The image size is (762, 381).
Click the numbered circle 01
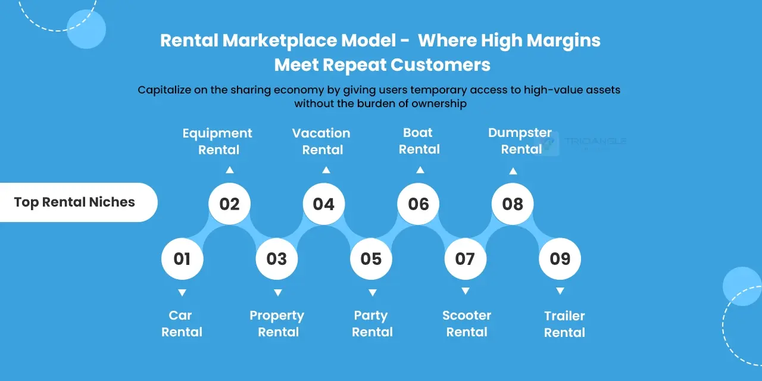[x=182, y=259]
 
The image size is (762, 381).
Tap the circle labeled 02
[x=229, y=204]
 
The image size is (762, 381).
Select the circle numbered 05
[x=371, y=259]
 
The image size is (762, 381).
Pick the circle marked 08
[x=512, y=204]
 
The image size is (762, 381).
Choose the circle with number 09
[x=560, y=259]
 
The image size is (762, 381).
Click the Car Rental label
[x=182, y=324]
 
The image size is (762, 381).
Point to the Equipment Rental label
[x=218, y=141]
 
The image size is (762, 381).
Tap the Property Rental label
[x=277, y=324]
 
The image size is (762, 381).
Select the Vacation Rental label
[x=321, y=141]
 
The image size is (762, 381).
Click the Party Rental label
[x=371, y=324]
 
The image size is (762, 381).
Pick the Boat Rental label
[x=419, y=141]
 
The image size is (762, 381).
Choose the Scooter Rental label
[x=467, y=324]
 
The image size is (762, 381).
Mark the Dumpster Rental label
[x=520, y=141]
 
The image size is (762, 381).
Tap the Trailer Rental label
[x=564, y=324]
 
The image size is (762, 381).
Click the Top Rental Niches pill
[x=75, y=202]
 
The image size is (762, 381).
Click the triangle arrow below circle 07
[x=466, y=291]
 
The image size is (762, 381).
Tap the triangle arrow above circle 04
[x=326, y=170]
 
